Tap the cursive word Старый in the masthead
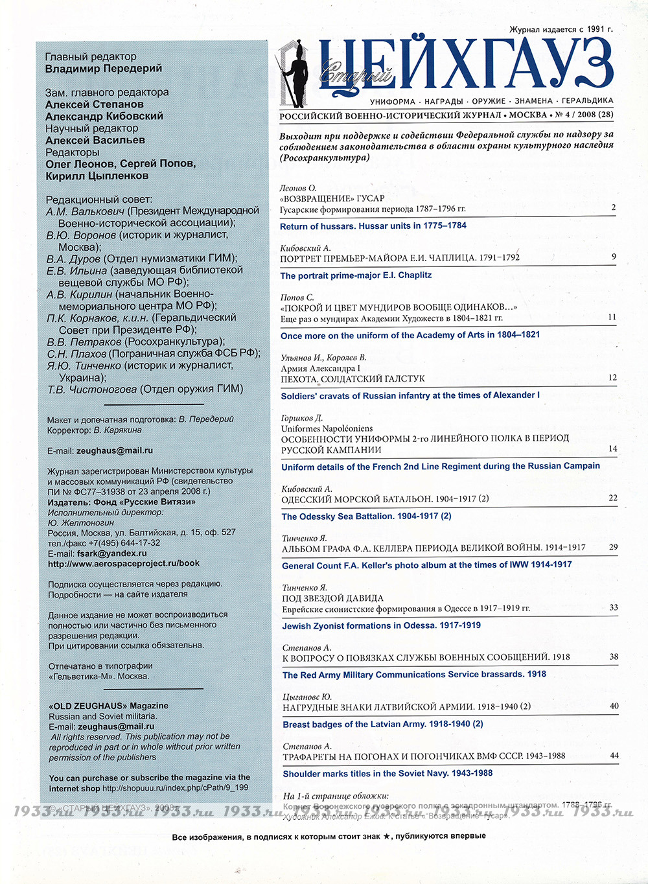[354, 75]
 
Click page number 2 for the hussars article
[613, 207]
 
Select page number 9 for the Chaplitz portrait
[613, 257]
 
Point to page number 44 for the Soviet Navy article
[614, 756]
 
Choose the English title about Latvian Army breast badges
[382, 724]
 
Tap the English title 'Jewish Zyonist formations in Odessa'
[381, 625]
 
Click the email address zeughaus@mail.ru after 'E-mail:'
[115, 450]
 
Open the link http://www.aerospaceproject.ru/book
[123, 564]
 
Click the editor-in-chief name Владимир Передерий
[104, 69]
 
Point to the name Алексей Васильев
[95, 140]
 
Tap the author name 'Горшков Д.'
[301, 418]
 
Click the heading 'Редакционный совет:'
[98, 199]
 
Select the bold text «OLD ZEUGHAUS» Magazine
[108, 706]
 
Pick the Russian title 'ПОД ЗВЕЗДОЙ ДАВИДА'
[332, 598]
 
